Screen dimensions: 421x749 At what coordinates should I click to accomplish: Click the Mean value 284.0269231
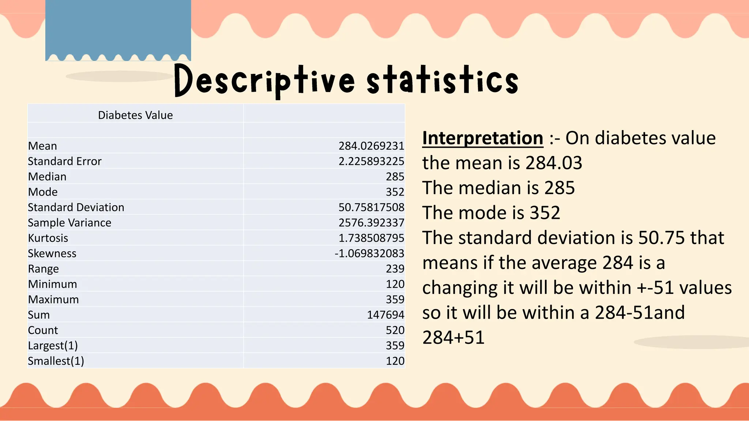point(371,146)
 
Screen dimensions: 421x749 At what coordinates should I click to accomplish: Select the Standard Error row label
point(65,161)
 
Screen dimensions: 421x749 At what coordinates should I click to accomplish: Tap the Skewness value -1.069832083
point(369,253)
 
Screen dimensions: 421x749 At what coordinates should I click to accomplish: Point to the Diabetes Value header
point(135,115)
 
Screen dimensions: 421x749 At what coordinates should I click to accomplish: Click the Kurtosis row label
point(48,238)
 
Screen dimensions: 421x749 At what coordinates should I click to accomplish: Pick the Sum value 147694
point(385,315)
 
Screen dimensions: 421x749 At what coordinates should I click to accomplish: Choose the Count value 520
point(395,330)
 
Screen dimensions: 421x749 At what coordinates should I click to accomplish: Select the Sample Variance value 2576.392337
point(371,223)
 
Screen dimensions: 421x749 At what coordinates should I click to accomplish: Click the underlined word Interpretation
point(483,138)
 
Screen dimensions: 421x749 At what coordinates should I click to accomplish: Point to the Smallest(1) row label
point(56,361)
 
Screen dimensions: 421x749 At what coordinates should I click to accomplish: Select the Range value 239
point(395,269)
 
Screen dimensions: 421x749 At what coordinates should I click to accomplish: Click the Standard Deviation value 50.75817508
point(371,207)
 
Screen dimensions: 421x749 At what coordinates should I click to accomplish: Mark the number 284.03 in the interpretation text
point(554,163)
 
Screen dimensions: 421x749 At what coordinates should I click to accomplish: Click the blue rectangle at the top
point(118,29)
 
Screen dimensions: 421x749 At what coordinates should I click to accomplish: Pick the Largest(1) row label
point(53,345)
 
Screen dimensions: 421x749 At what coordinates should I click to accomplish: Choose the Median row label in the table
point(47,177)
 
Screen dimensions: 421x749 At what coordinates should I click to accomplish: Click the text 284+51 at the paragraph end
point(453,337)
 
